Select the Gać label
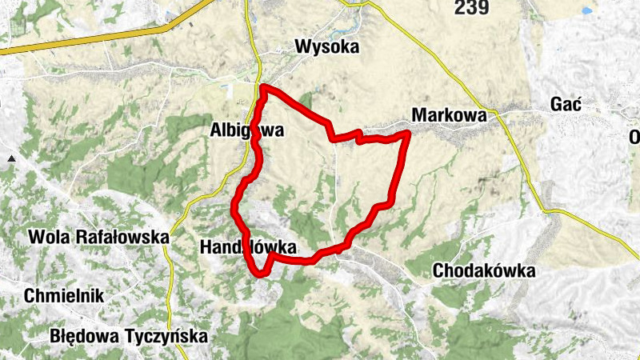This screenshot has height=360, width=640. (x=566, y=105)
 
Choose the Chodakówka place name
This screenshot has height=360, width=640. (x=483, y=271)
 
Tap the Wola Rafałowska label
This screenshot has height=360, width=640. (x=98, y=238)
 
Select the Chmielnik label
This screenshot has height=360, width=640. (x=64, y=295)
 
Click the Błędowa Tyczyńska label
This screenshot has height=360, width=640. (x=128, y=336)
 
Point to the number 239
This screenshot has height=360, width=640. (x=471, y=8)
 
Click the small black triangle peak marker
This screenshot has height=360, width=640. (x=11, y=160)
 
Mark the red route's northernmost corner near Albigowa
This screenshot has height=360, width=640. (x=263, y=87)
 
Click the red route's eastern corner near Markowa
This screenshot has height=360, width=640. (x=408, y=133)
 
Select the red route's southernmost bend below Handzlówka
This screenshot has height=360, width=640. (x=262, y=274)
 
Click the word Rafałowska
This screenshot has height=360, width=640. (x=122, y=238)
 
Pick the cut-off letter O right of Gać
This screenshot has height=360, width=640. (x=635, y=135)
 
